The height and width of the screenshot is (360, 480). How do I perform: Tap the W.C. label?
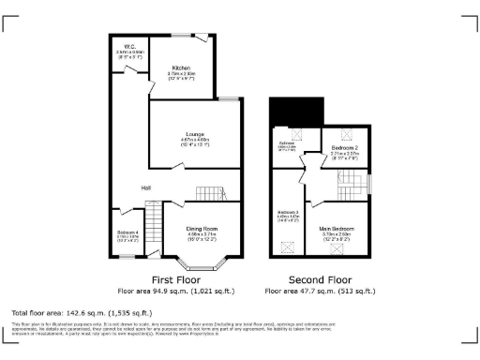[x=129, y=46]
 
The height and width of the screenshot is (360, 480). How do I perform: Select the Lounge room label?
[x=194, y=134]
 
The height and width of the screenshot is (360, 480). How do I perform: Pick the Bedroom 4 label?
[x=127, y=232]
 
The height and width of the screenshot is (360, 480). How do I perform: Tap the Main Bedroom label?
[x=337, y=229]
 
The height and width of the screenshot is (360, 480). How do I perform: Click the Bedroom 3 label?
[x=287, y=213]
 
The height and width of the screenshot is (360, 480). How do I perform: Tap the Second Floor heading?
[x=319, y=279]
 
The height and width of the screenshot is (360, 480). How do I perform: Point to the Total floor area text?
[x=69, y=311]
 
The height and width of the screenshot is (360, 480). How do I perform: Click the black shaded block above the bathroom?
[x=293, y=115]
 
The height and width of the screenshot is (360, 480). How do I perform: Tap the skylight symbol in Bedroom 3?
[x=287, y=246]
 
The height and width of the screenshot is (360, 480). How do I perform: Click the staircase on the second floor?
[x=351, y=178]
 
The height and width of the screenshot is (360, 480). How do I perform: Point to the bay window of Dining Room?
[x=202, y=254]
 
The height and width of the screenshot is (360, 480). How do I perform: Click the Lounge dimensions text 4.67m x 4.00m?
[x=194, y=140]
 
